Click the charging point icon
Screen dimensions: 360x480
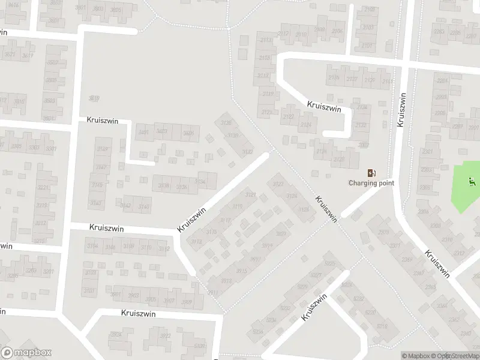coord(371,173)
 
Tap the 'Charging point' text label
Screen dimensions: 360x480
coord(371,183)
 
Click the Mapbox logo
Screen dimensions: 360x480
coord(26,353)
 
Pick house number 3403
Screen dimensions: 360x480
coord(161,131)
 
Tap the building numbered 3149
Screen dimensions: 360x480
coord(103,150)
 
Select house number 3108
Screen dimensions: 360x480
coord(128,247)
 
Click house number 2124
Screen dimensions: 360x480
coord(306,125)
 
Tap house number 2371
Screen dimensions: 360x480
coord(395,245)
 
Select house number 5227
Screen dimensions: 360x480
coord(316,275)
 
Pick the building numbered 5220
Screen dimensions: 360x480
coord(370,312)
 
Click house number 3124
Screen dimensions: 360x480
coord(292,196)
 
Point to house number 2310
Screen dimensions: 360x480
coord(447,240)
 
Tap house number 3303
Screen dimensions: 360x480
coord(34,148)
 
